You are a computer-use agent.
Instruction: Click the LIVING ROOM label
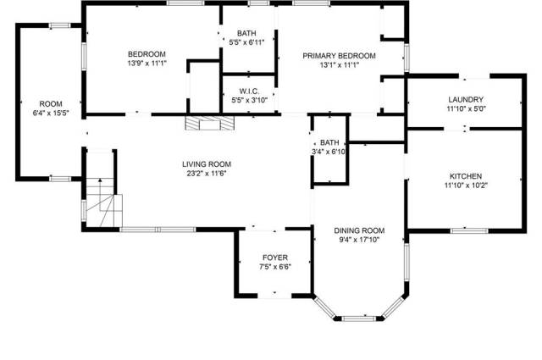click(x=207, y=164)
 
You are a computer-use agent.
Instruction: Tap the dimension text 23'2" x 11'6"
click(x=207, y=174)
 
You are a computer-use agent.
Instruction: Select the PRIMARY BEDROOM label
click(x=339, y=56)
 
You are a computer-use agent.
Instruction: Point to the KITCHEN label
click(x=466, y=176)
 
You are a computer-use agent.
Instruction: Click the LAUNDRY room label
click(x=466, y=100)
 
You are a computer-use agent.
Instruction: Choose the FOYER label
click(x=275, y=258)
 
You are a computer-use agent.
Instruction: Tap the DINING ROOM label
click(x=359, y=230)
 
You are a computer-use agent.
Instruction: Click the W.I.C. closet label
click(x=249, y=91)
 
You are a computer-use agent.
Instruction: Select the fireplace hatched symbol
click(x=209, y=123)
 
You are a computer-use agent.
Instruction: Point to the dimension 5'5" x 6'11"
click(x=246, y=42)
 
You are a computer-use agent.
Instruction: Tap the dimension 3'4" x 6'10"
click(x=329, y=152)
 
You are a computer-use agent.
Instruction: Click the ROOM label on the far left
click(x=51, y=103)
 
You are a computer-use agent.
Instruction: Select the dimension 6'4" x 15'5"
click(x=51, y=114)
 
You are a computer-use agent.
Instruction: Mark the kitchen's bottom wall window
click(x=469, y=230)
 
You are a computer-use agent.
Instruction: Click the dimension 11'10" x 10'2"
click(x=466, y=186)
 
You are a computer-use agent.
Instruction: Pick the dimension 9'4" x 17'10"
click(x=359, y=240)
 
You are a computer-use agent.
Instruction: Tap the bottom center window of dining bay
click(x=359, y=318)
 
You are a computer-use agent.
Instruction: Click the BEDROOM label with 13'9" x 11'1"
click(x=147, y=54)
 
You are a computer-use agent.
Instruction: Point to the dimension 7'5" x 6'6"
click(x=275, y=267)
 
